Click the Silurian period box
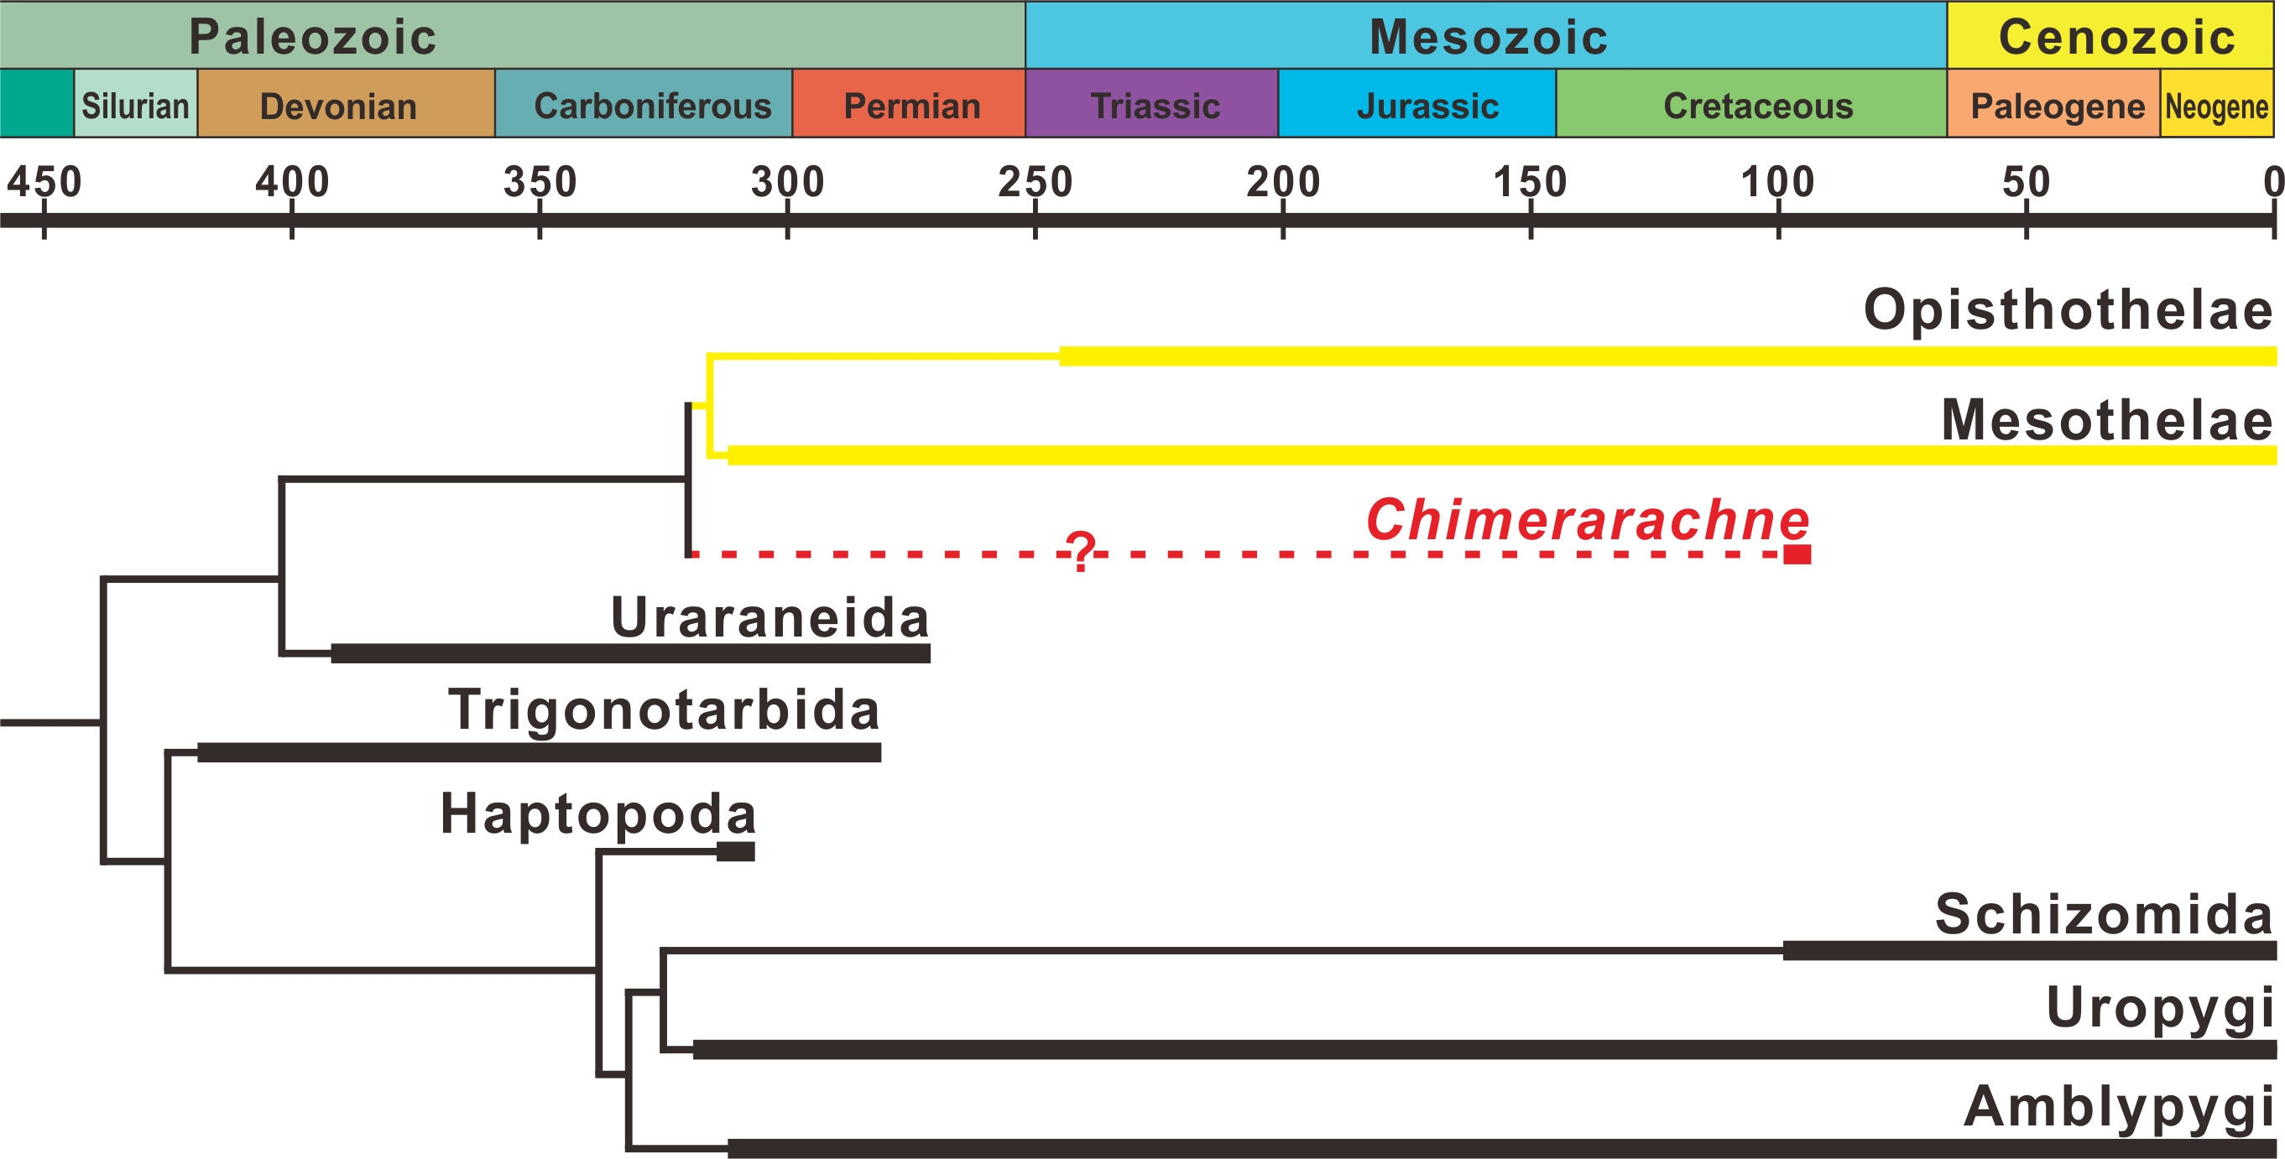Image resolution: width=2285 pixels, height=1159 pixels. [x=136, y=106]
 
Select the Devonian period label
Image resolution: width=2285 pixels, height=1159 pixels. [x=338, y=107]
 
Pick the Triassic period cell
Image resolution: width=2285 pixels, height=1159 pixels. [x=1154, y=106]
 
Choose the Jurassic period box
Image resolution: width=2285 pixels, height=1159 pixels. [x=1427, y=106]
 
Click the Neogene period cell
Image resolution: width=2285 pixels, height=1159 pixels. [x=2216, y=106]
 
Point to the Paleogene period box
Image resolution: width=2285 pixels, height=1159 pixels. [x=2056, y=106]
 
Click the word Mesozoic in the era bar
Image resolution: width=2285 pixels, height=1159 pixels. [x=1488, y=36]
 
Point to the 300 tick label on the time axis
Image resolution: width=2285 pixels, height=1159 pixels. [x=787, y=182]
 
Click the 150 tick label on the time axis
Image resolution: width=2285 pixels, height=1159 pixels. [x=1530, y=182]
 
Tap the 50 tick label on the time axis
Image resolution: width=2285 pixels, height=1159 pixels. [x=2026, y=182]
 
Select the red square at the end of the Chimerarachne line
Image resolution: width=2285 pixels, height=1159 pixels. [x=1797, y=554]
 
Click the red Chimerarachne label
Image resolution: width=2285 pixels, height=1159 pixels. [x=1587, y=519]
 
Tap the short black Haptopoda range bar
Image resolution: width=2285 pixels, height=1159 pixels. [x=735, y=851]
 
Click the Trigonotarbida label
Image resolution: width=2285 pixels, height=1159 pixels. [x=664, y=709]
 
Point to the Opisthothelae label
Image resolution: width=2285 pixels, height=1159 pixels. [x=2068, y=309]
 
